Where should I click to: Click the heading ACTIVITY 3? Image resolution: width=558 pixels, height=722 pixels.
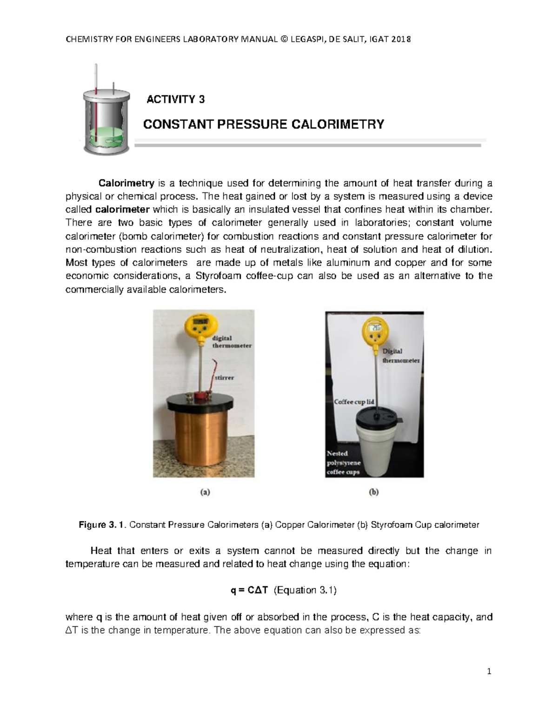[175, 99]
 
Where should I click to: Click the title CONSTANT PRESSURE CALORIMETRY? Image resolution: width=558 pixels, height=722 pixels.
[263, 124]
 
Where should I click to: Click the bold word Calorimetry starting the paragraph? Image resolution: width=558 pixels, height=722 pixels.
[122, 182]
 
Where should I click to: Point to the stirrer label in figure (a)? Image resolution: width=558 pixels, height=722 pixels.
[224, 378]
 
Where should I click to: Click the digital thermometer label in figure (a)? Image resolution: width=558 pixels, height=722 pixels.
[231, 342]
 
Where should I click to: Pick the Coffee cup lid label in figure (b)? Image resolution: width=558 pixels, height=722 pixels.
[354, 401]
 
